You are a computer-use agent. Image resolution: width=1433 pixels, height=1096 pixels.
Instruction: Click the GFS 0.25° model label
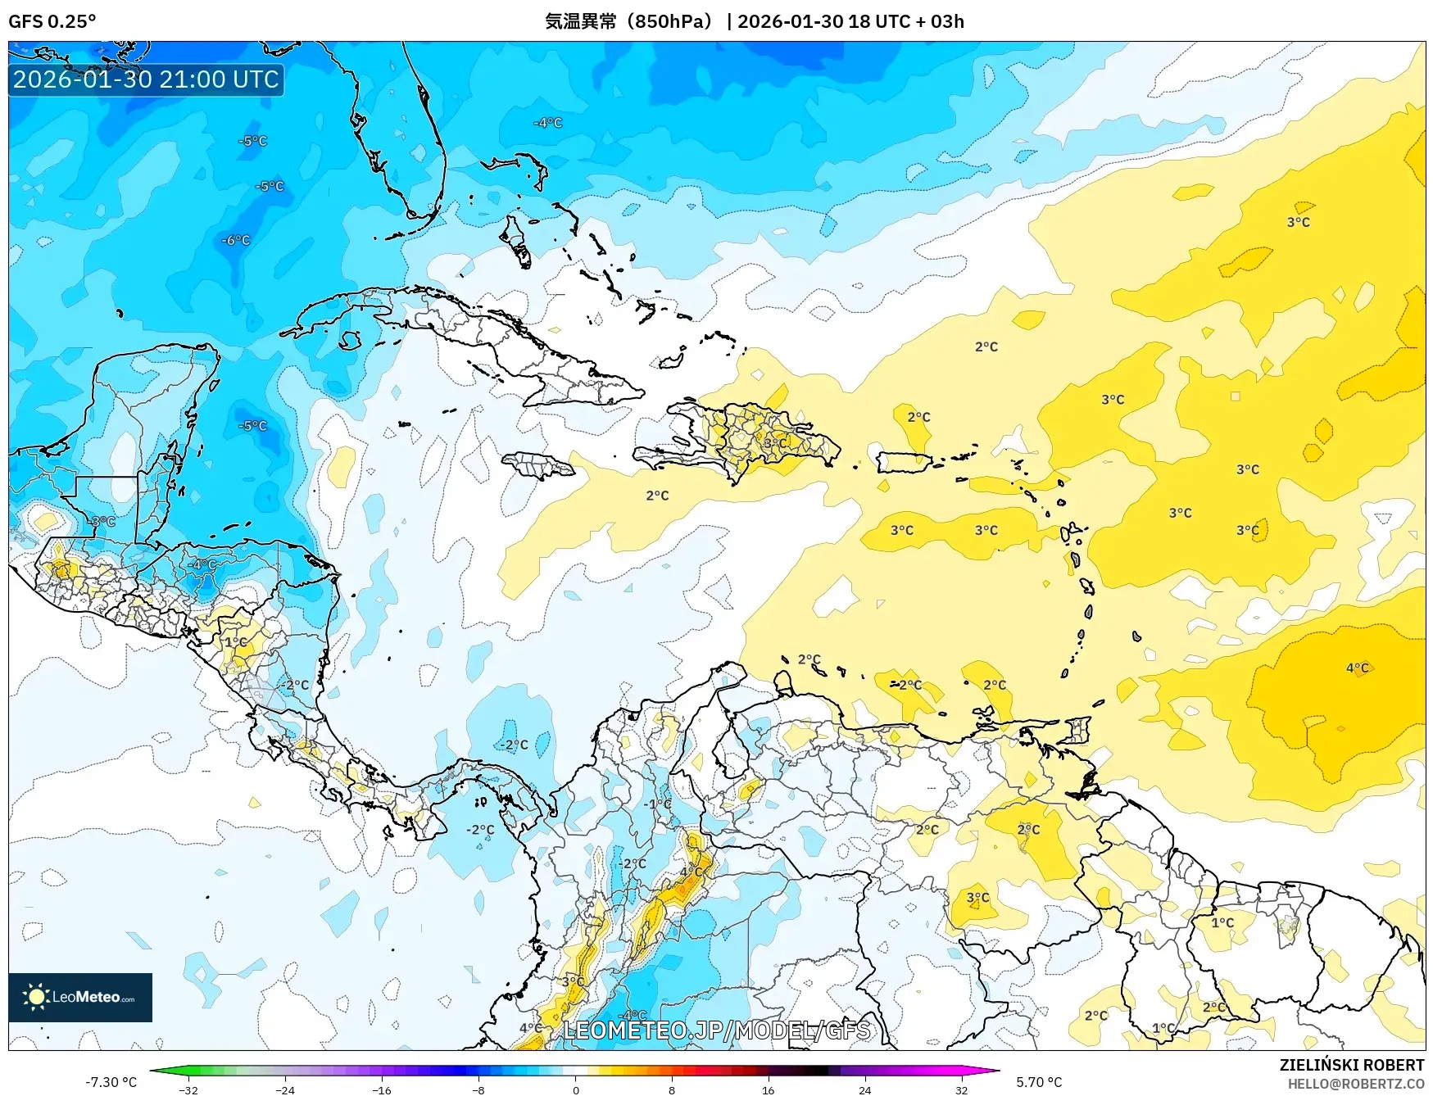[x=52, y=21]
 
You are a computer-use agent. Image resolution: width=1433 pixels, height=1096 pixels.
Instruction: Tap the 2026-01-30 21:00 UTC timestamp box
[x=146, y=79]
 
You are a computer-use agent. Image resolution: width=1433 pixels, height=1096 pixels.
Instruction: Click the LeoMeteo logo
[x=80, y=997]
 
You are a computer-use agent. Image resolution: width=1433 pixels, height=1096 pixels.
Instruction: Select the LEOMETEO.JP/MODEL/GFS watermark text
[x=717, y=1030]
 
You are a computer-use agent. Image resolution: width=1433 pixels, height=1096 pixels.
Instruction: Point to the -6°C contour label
[x=236, y=240]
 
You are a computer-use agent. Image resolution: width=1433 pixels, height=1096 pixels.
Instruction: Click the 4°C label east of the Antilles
[x=1357, y=668]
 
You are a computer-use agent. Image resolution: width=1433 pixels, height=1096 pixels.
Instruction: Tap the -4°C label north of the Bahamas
[x=548, y=123]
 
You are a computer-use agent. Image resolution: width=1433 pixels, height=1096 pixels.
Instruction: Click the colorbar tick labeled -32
[x=188, y=1089]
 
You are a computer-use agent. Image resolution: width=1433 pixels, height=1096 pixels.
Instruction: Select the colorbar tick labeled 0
[x=575, y=1089]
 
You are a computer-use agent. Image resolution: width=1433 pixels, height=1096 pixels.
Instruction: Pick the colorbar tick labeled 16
[x=768, y=1089]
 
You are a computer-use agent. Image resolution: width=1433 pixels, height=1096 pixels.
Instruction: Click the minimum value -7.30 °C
[x=111, y=1082]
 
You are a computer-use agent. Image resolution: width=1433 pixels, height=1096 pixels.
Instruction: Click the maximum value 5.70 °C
[x=1039, y=1082]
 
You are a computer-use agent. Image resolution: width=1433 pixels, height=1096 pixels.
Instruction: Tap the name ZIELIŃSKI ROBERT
[x=1352, y=1065]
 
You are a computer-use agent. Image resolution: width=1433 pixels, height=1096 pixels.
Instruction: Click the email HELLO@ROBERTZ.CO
[x=1355, y=1084]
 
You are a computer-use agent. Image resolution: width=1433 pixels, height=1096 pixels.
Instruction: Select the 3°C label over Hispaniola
[x=775, y=443]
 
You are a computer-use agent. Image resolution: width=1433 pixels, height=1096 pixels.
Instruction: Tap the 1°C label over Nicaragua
[x=236, y=642]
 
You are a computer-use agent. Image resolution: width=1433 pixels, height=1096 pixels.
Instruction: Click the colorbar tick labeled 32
[x=961, y=1089]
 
